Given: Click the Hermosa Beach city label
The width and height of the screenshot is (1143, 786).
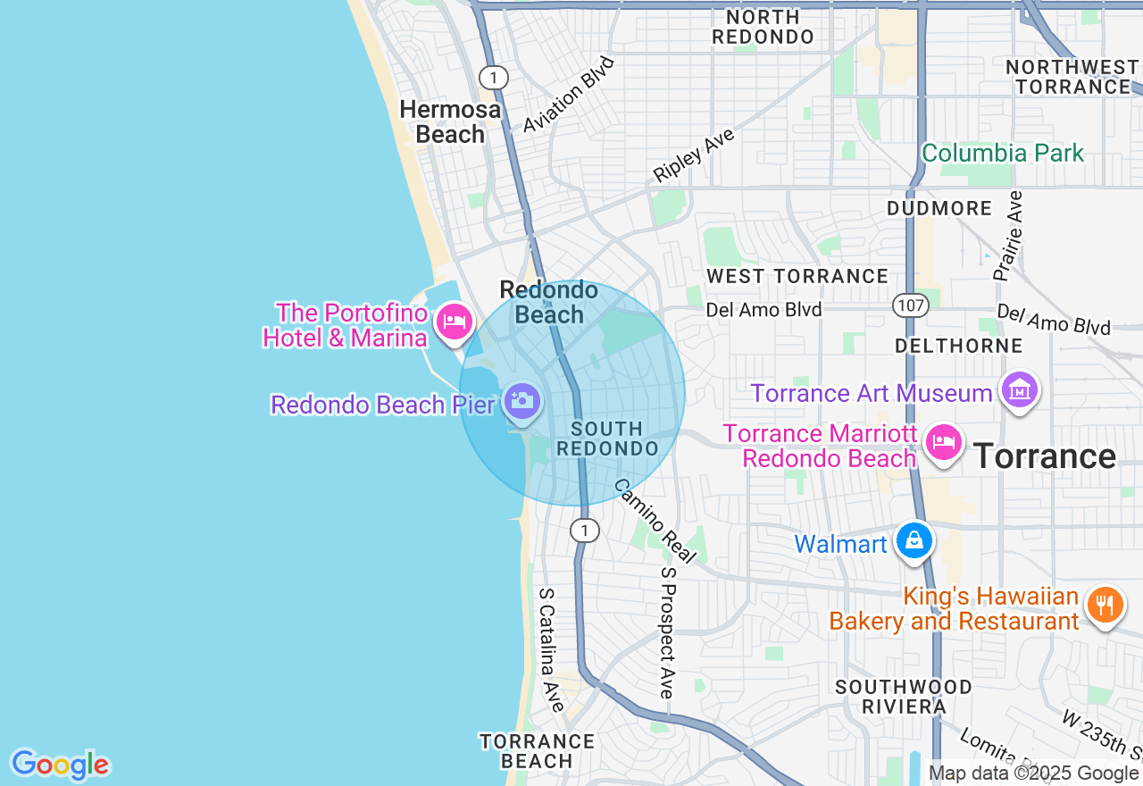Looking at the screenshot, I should (450, 122).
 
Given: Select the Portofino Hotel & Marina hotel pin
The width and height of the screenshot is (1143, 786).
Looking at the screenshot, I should (454, 322).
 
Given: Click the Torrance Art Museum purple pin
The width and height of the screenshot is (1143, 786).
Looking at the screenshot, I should (1020, 389).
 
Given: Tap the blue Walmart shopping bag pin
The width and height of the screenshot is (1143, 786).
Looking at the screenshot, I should (914, 540).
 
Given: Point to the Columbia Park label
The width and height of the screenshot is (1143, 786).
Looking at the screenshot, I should (1003, 153).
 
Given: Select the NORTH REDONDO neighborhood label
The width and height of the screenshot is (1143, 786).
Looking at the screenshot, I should (763, 27).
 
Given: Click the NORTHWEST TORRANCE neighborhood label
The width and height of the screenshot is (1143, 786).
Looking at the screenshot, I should (1072, 77).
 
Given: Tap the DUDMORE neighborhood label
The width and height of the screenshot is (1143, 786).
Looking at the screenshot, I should (939, 208).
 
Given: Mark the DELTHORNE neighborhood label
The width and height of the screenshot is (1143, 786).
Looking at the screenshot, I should (958, 345).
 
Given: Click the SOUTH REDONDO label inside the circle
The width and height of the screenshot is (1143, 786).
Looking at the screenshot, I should (607, 439).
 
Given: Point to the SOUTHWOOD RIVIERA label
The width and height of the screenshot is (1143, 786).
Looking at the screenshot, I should (904, 697).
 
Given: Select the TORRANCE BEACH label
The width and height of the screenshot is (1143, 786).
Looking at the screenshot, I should (537, 751).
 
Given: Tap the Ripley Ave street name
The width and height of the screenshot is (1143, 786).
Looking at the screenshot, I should (694, 155).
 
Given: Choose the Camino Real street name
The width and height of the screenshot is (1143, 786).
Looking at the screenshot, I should (655, 521).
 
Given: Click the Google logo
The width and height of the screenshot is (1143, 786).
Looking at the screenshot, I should (60, 765).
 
